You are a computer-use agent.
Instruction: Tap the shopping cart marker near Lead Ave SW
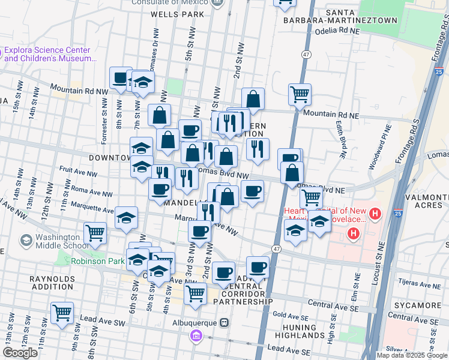pos(62,313)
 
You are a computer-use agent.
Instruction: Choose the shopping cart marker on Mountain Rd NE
pos(300,94)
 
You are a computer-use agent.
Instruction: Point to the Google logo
pos(20,353)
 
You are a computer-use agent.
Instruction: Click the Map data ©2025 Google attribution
pos(411,355)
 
